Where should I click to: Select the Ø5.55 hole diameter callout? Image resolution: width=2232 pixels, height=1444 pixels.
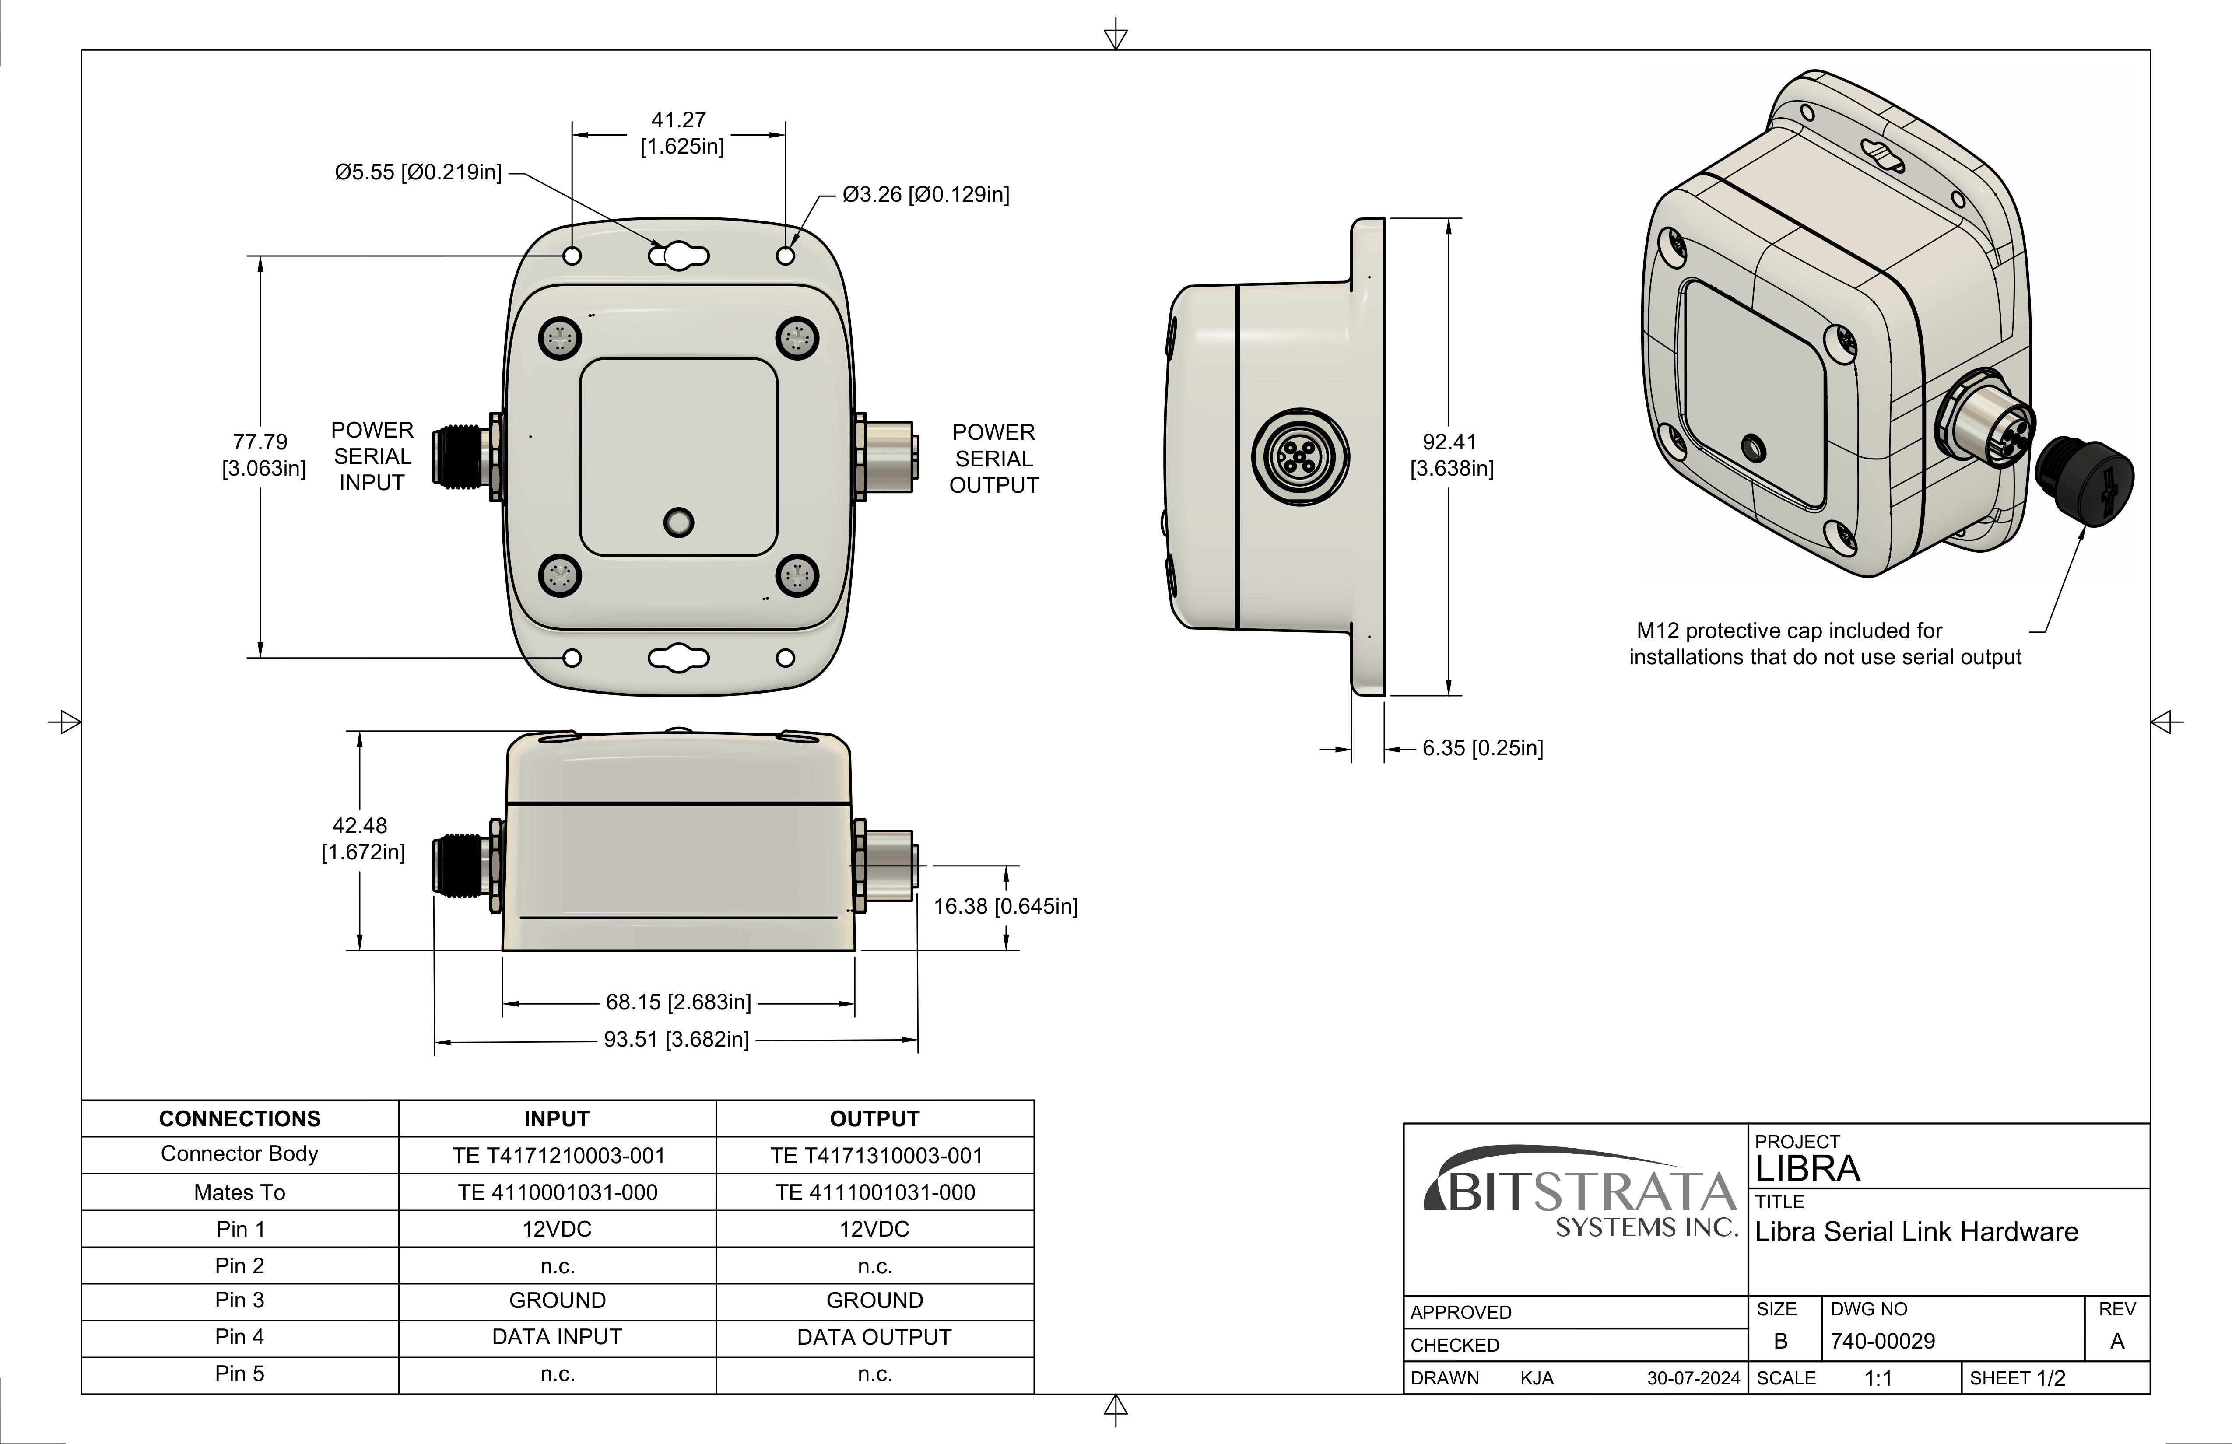tap(418, 172)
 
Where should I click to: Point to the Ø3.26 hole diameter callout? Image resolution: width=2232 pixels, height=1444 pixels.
tap(926, 195)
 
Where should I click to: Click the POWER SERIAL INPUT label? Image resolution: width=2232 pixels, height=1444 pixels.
tap(372, 457)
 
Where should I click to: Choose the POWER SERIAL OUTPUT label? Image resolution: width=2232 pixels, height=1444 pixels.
tap(994, 459)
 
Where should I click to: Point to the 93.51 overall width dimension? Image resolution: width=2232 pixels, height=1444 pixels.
tap(676, 1040)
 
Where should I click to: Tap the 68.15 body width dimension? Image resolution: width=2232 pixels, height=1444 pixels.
tap(678, 1002)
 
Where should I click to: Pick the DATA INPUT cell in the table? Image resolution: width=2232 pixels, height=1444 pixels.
tap(557, 1337)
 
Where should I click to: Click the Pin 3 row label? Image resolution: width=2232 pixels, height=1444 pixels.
tap(240, 1300)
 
